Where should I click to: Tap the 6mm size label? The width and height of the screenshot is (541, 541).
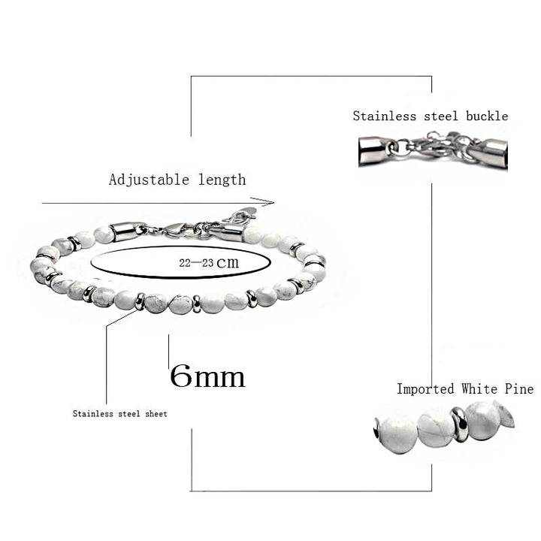207,376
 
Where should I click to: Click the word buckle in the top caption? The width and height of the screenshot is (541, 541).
486,116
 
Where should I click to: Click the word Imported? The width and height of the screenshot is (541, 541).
425,388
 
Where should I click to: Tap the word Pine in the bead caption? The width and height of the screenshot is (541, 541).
519,388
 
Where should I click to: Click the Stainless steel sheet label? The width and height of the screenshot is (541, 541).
119,413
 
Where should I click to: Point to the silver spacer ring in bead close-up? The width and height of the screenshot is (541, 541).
459,424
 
